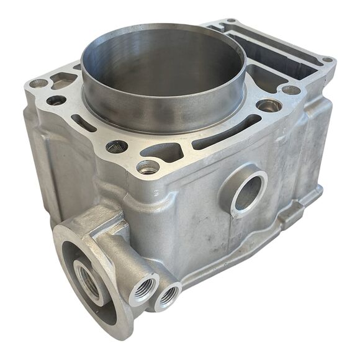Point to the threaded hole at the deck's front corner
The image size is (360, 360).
[148, 166]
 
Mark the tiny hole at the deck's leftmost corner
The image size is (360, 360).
[39, 83]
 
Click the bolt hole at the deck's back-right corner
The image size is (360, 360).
[328, 61]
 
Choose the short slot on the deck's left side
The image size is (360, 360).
[84, 123]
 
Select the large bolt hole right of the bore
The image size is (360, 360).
[269, 106]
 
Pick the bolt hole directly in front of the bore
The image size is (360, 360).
[116, 146]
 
